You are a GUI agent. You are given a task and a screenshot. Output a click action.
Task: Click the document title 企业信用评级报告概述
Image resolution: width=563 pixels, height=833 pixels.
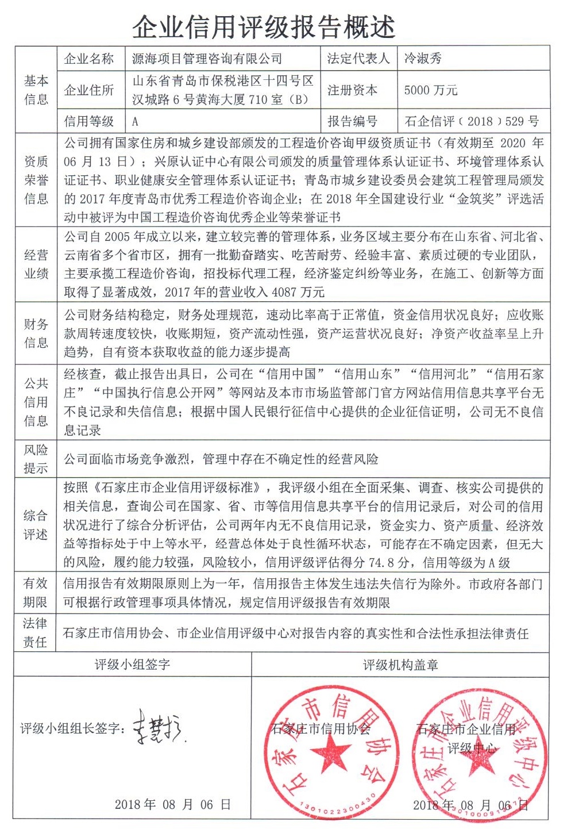(x=264, y=25)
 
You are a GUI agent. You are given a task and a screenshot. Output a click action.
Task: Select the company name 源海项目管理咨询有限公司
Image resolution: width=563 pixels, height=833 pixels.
(x=207, y=58)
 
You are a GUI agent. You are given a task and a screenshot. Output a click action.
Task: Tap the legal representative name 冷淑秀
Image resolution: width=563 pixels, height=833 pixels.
(x=423, y=58)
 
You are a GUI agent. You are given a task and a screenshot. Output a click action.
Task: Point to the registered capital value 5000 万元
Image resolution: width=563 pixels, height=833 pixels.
(x=431, y=90)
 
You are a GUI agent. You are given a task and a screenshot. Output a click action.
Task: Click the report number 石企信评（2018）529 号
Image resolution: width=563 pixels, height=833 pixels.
(x=472, y=121)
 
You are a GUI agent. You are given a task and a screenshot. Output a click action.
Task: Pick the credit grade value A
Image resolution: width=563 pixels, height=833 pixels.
(x=135, y=122)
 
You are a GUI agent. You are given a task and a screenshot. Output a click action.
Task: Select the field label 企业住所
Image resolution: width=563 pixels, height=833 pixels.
(x=89, y=90)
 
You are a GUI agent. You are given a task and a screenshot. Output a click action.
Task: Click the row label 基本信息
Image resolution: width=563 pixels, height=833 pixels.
(x=36, y=90)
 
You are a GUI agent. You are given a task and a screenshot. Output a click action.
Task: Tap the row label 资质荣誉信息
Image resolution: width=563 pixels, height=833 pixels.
(x=36, y=180)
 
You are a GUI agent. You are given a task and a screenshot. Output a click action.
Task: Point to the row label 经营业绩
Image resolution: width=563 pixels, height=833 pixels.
(x=36, y=264)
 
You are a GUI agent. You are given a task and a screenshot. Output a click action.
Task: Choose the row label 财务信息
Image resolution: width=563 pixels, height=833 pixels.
(x=36, y=333)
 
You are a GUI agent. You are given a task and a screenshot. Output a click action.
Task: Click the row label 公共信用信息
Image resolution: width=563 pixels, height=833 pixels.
(x=36, y=402)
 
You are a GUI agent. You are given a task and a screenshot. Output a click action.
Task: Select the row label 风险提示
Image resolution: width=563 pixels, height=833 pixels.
(x=36, y=459)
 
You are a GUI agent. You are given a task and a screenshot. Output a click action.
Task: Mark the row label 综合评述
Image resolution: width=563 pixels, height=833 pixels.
(x=36, y=525)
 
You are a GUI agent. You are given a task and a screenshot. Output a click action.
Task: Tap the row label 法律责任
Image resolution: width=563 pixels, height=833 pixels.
(x=35, y=632)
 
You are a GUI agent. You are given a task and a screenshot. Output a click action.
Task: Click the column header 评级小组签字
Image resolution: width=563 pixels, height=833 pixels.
(x=132, y=665)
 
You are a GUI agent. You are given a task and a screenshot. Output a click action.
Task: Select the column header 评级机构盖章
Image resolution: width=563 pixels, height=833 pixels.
(x=400, y=665)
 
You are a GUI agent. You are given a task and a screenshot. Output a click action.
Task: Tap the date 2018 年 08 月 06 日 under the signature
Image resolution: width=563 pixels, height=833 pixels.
(x=172, y=804)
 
